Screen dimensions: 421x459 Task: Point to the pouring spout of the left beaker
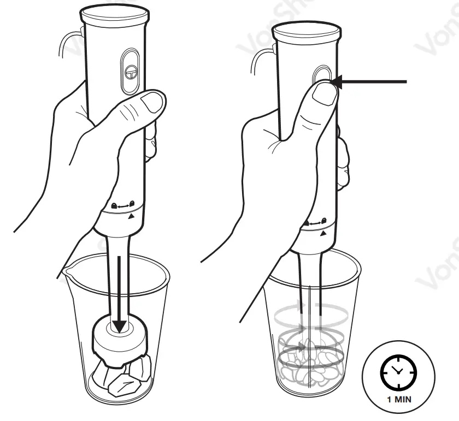(68, 270)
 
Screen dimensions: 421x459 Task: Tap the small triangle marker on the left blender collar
(130, 217)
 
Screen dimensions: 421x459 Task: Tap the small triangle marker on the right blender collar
(323, 233)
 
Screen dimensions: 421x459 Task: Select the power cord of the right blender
(257, 60)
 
